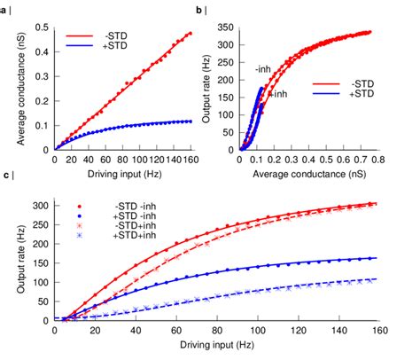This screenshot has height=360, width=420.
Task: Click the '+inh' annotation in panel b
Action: pos(278,93)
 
